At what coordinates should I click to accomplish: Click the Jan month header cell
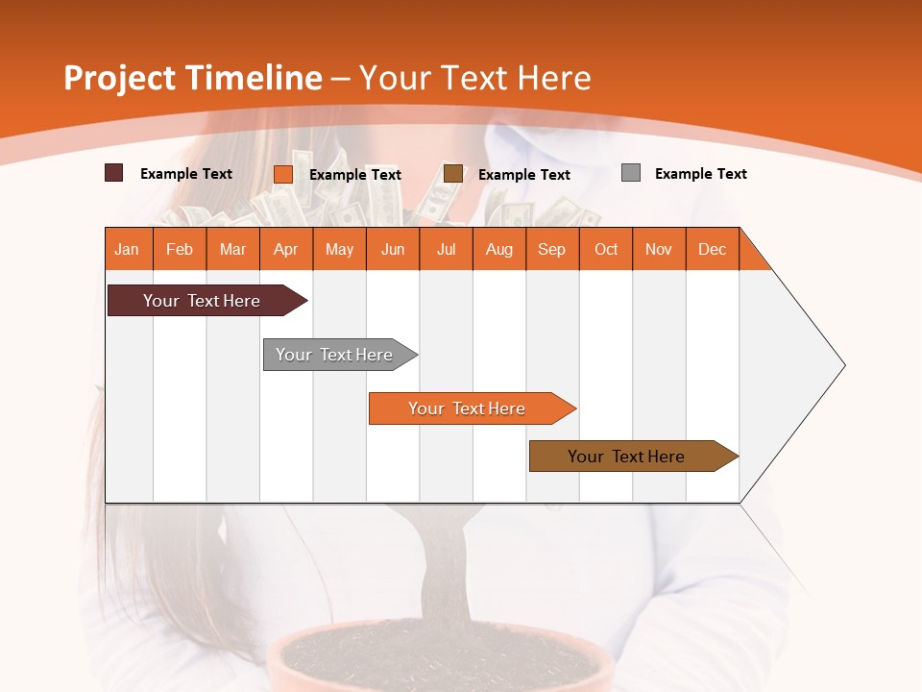tap(128, 249)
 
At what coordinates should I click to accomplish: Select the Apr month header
tap(286, 249)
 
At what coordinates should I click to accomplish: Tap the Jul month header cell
tap(446, 249)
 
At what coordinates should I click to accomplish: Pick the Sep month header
tap(552, 249)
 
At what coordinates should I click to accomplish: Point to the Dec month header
tap(712, 249)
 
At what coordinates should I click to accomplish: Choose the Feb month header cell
tap(180, 249)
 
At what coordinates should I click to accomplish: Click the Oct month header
tap(606, 249)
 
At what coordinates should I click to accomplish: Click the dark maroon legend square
tap(113, 173)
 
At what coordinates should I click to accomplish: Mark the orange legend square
tap(283, 174)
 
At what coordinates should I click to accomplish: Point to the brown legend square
tap(453, 174)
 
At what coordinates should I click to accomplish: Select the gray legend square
tap(631, 173)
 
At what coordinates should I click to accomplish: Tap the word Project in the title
tap(119, 78)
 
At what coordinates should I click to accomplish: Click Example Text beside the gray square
tap(700, 173)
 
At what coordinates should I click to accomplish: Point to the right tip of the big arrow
tap(843, 365)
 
